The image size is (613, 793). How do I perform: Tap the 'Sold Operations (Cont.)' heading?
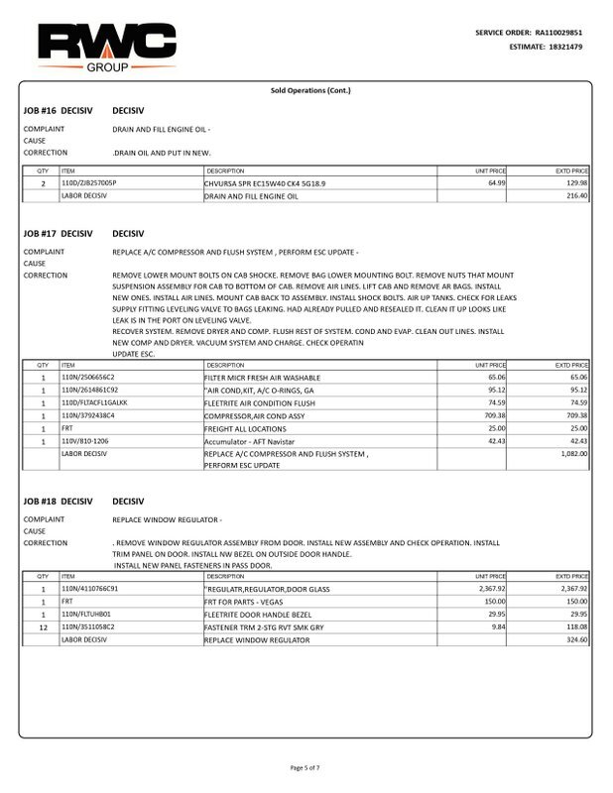pos(310,90)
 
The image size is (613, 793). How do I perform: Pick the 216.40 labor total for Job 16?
pos(575,196)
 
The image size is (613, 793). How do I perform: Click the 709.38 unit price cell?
pos(491,415)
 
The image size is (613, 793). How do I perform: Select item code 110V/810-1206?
pos(85,440)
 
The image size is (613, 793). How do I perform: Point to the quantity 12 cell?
pos(43,626)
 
